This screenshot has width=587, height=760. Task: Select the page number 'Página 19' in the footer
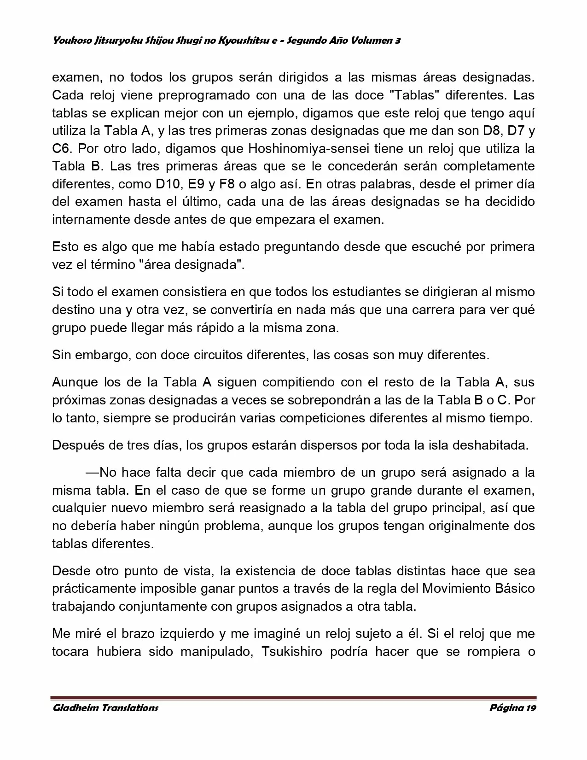(512, 708)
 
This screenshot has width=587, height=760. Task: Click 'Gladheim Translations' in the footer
(105, 708)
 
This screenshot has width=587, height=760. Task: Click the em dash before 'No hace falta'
(93, 472)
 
